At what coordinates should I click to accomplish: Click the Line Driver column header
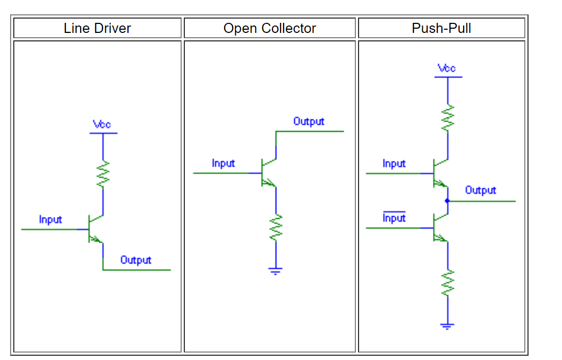click(x=97, y=28)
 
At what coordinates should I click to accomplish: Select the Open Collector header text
click(x=269, y=28)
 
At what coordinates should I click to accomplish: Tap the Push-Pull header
click(x=441, y=28)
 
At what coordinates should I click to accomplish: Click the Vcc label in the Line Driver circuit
click(x=102, y=124)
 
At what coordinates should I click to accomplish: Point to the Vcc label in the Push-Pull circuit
click(x=447, y=68)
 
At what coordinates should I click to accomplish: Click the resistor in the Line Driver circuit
click(x=103, y=175)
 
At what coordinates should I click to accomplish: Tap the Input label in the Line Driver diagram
click(x=50, y=219)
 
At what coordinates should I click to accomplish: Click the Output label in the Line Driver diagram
click(x=135, y=260)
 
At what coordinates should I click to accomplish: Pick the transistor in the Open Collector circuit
click(x=269, y=173)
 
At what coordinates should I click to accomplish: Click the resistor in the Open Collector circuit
click(x=276, y=228)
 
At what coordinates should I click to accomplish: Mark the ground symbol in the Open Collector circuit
click(x=276, y=271)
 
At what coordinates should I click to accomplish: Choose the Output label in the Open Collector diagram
click(x=309, y=122)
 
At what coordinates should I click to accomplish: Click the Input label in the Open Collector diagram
click(x=223, y=164)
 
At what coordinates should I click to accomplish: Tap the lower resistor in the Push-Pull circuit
click(x=448, y=282)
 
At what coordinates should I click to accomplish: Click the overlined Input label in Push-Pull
click(x=394, y=218)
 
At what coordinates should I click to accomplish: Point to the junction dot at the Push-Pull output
click(x=447, y=201)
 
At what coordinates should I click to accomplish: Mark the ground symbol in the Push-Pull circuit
click(x=448, y=325)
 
